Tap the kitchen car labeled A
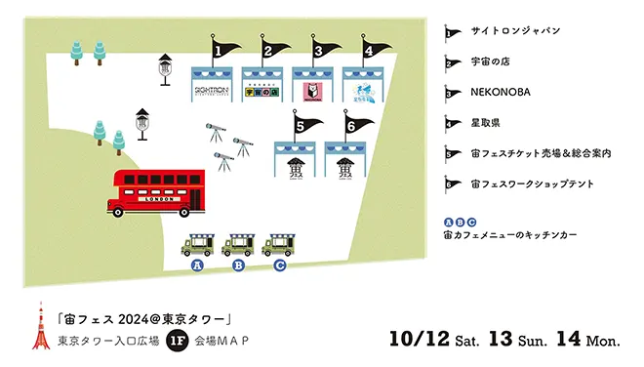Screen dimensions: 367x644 click(x=198, y=243)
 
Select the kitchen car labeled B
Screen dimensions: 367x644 click(x=239, y=243)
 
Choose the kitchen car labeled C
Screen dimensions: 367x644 click(x=280, y=243)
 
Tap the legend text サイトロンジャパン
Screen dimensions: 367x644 click(x=515, y=31)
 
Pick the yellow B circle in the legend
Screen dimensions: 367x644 click(x=460, y=222)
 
